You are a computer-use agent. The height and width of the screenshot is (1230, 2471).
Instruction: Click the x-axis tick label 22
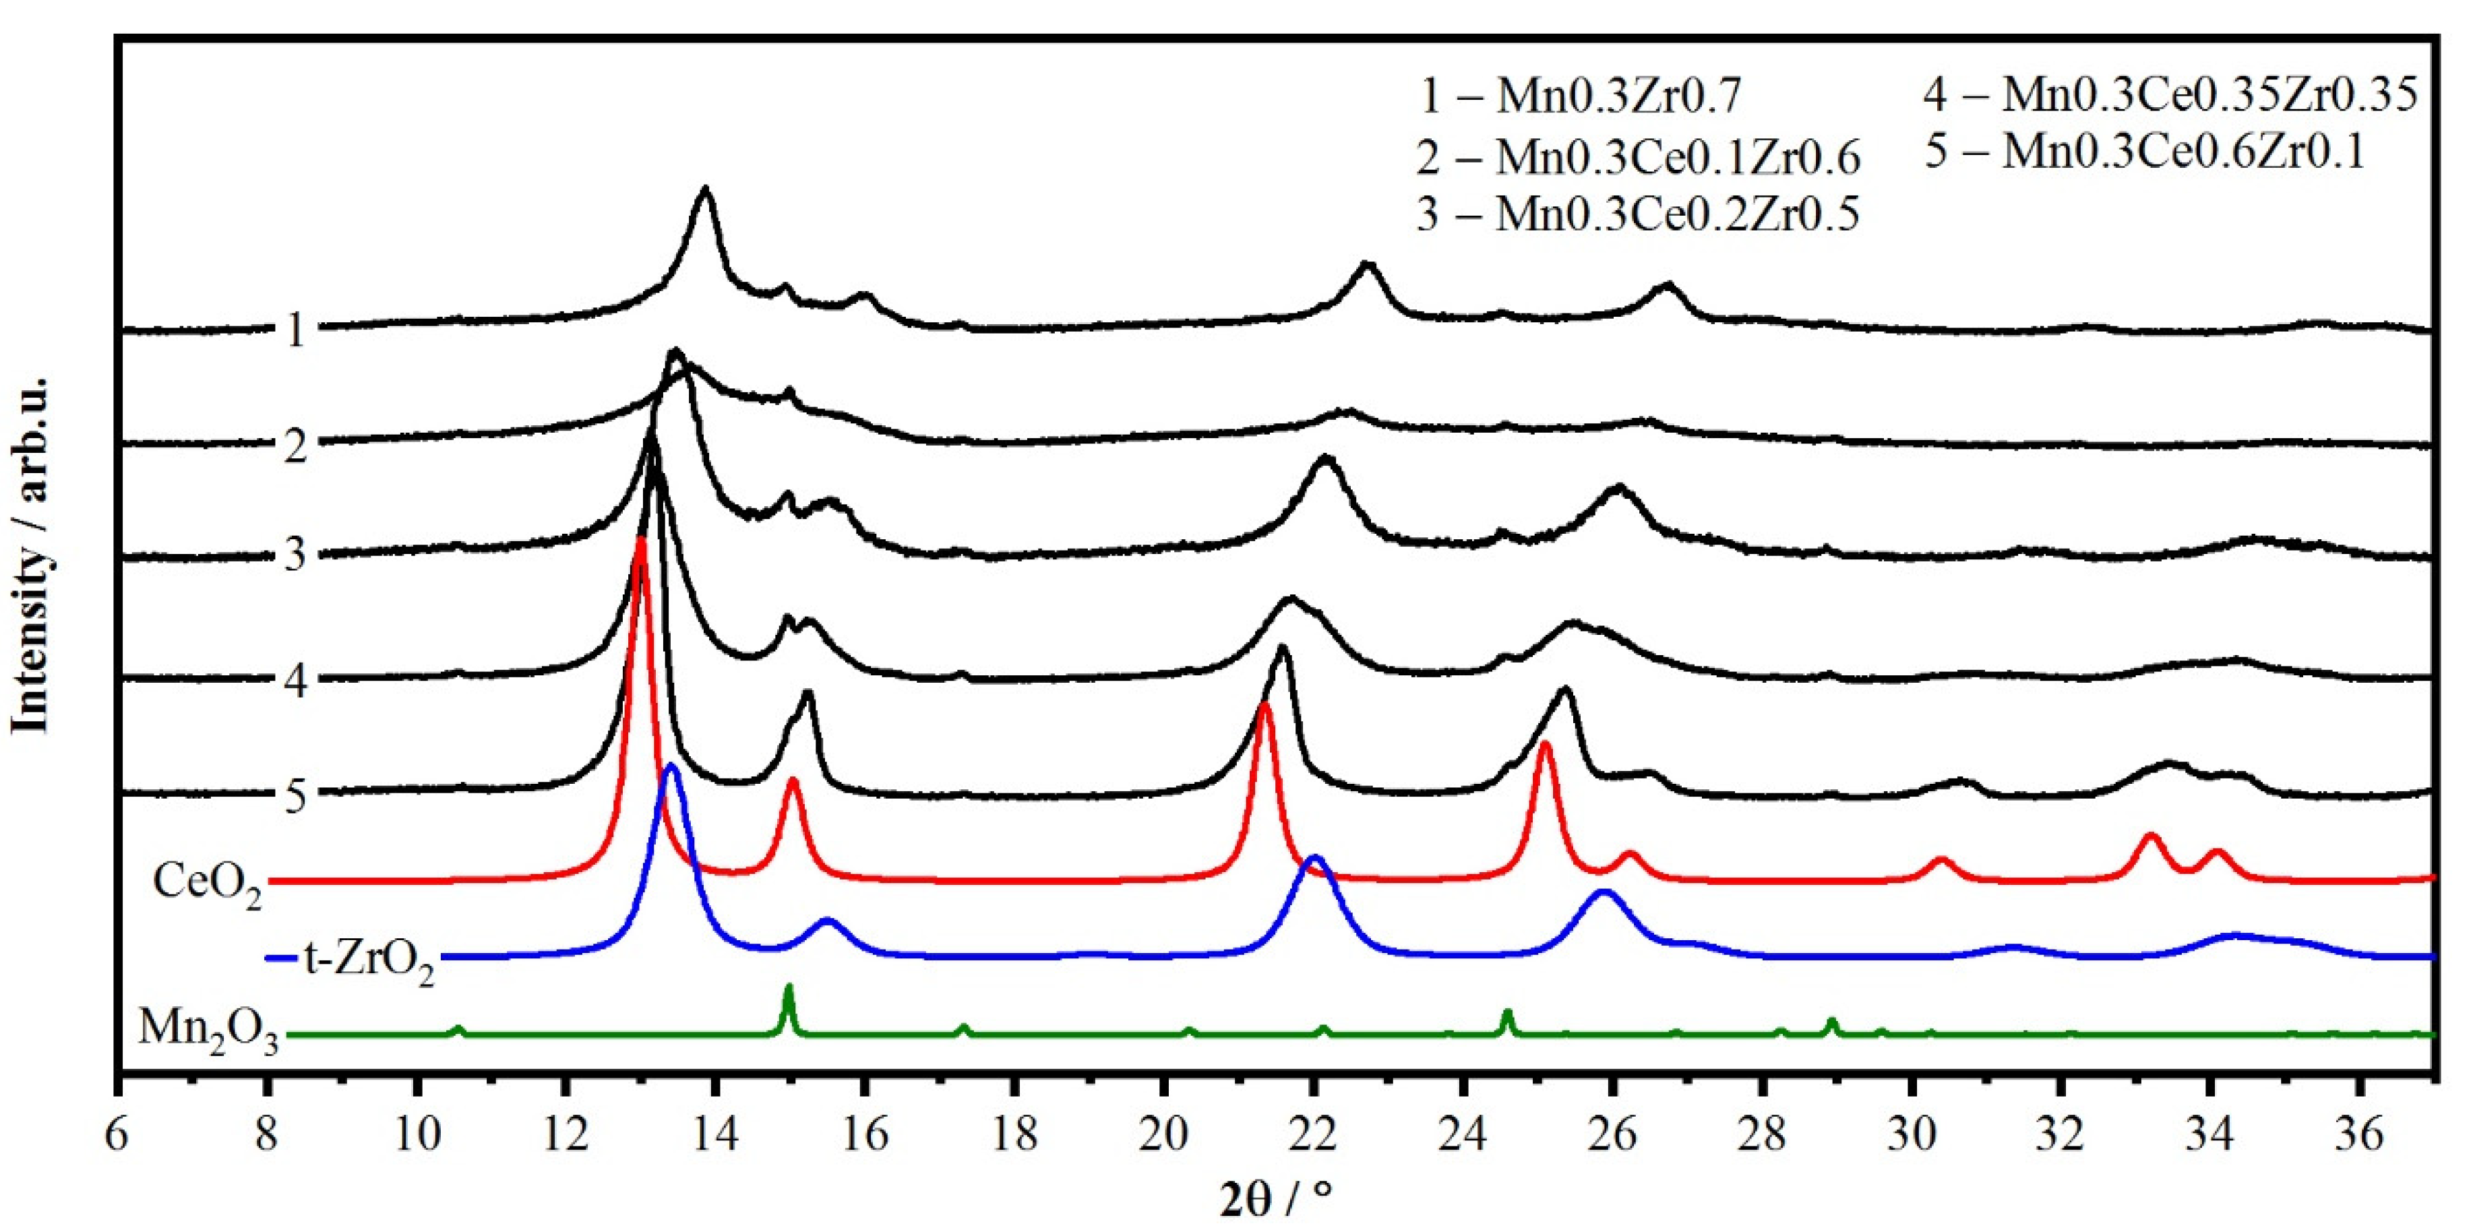click(1312, 1136)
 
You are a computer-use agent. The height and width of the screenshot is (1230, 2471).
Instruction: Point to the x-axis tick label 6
click(117, 1136)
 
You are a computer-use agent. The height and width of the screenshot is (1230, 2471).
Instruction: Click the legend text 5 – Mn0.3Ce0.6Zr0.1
click(2145, 152)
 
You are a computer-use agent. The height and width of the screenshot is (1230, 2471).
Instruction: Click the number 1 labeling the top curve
click(295, 331)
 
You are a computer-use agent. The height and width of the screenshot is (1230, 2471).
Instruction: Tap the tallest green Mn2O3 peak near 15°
click(789, 986)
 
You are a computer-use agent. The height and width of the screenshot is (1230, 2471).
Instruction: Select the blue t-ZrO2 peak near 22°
click(1315, 857)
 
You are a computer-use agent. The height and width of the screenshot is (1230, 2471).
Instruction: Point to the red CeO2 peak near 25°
click(1544, 743)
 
